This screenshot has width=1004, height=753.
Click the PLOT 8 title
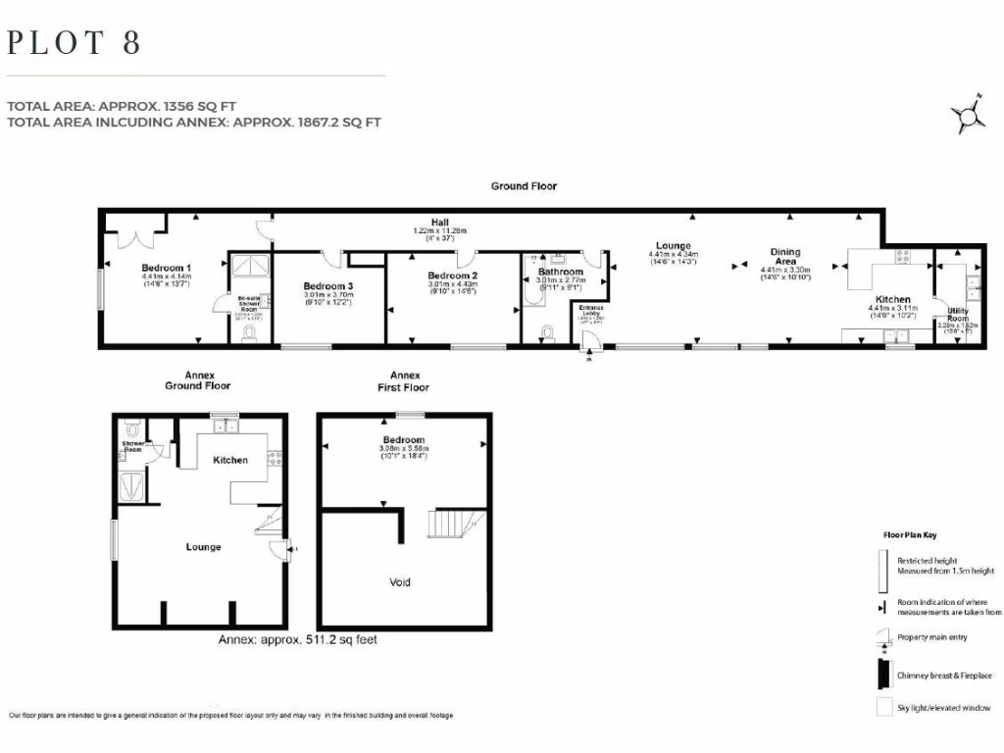coord(75,43)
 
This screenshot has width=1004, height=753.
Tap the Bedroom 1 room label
coord(166,268)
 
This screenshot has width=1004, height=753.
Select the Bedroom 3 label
coord(327,286)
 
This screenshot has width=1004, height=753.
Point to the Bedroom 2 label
coord(452,276)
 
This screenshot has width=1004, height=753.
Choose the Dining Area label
coord(785,257)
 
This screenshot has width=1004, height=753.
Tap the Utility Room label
coord(958,315)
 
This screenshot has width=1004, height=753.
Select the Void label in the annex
coord(400,582)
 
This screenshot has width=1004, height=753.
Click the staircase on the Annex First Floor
coord(457,524)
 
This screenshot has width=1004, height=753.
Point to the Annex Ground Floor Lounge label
coord(203,547)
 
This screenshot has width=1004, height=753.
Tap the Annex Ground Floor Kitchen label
coord(231,460)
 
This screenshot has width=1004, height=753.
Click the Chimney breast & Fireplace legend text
coord(945,675)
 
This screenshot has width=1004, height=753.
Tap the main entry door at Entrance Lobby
coord(589,342)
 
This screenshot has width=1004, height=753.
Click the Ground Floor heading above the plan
coord(524,186)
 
